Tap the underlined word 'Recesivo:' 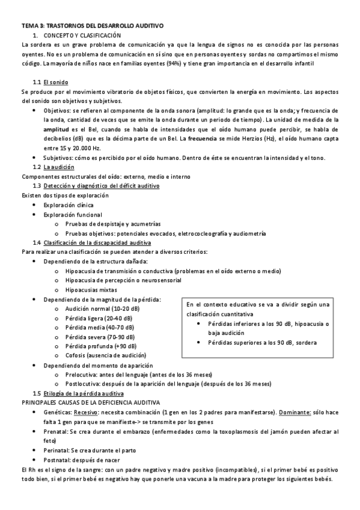pyautogui.click(x=87, y=413)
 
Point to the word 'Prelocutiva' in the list pyautogui.click(x=82, y=374)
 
